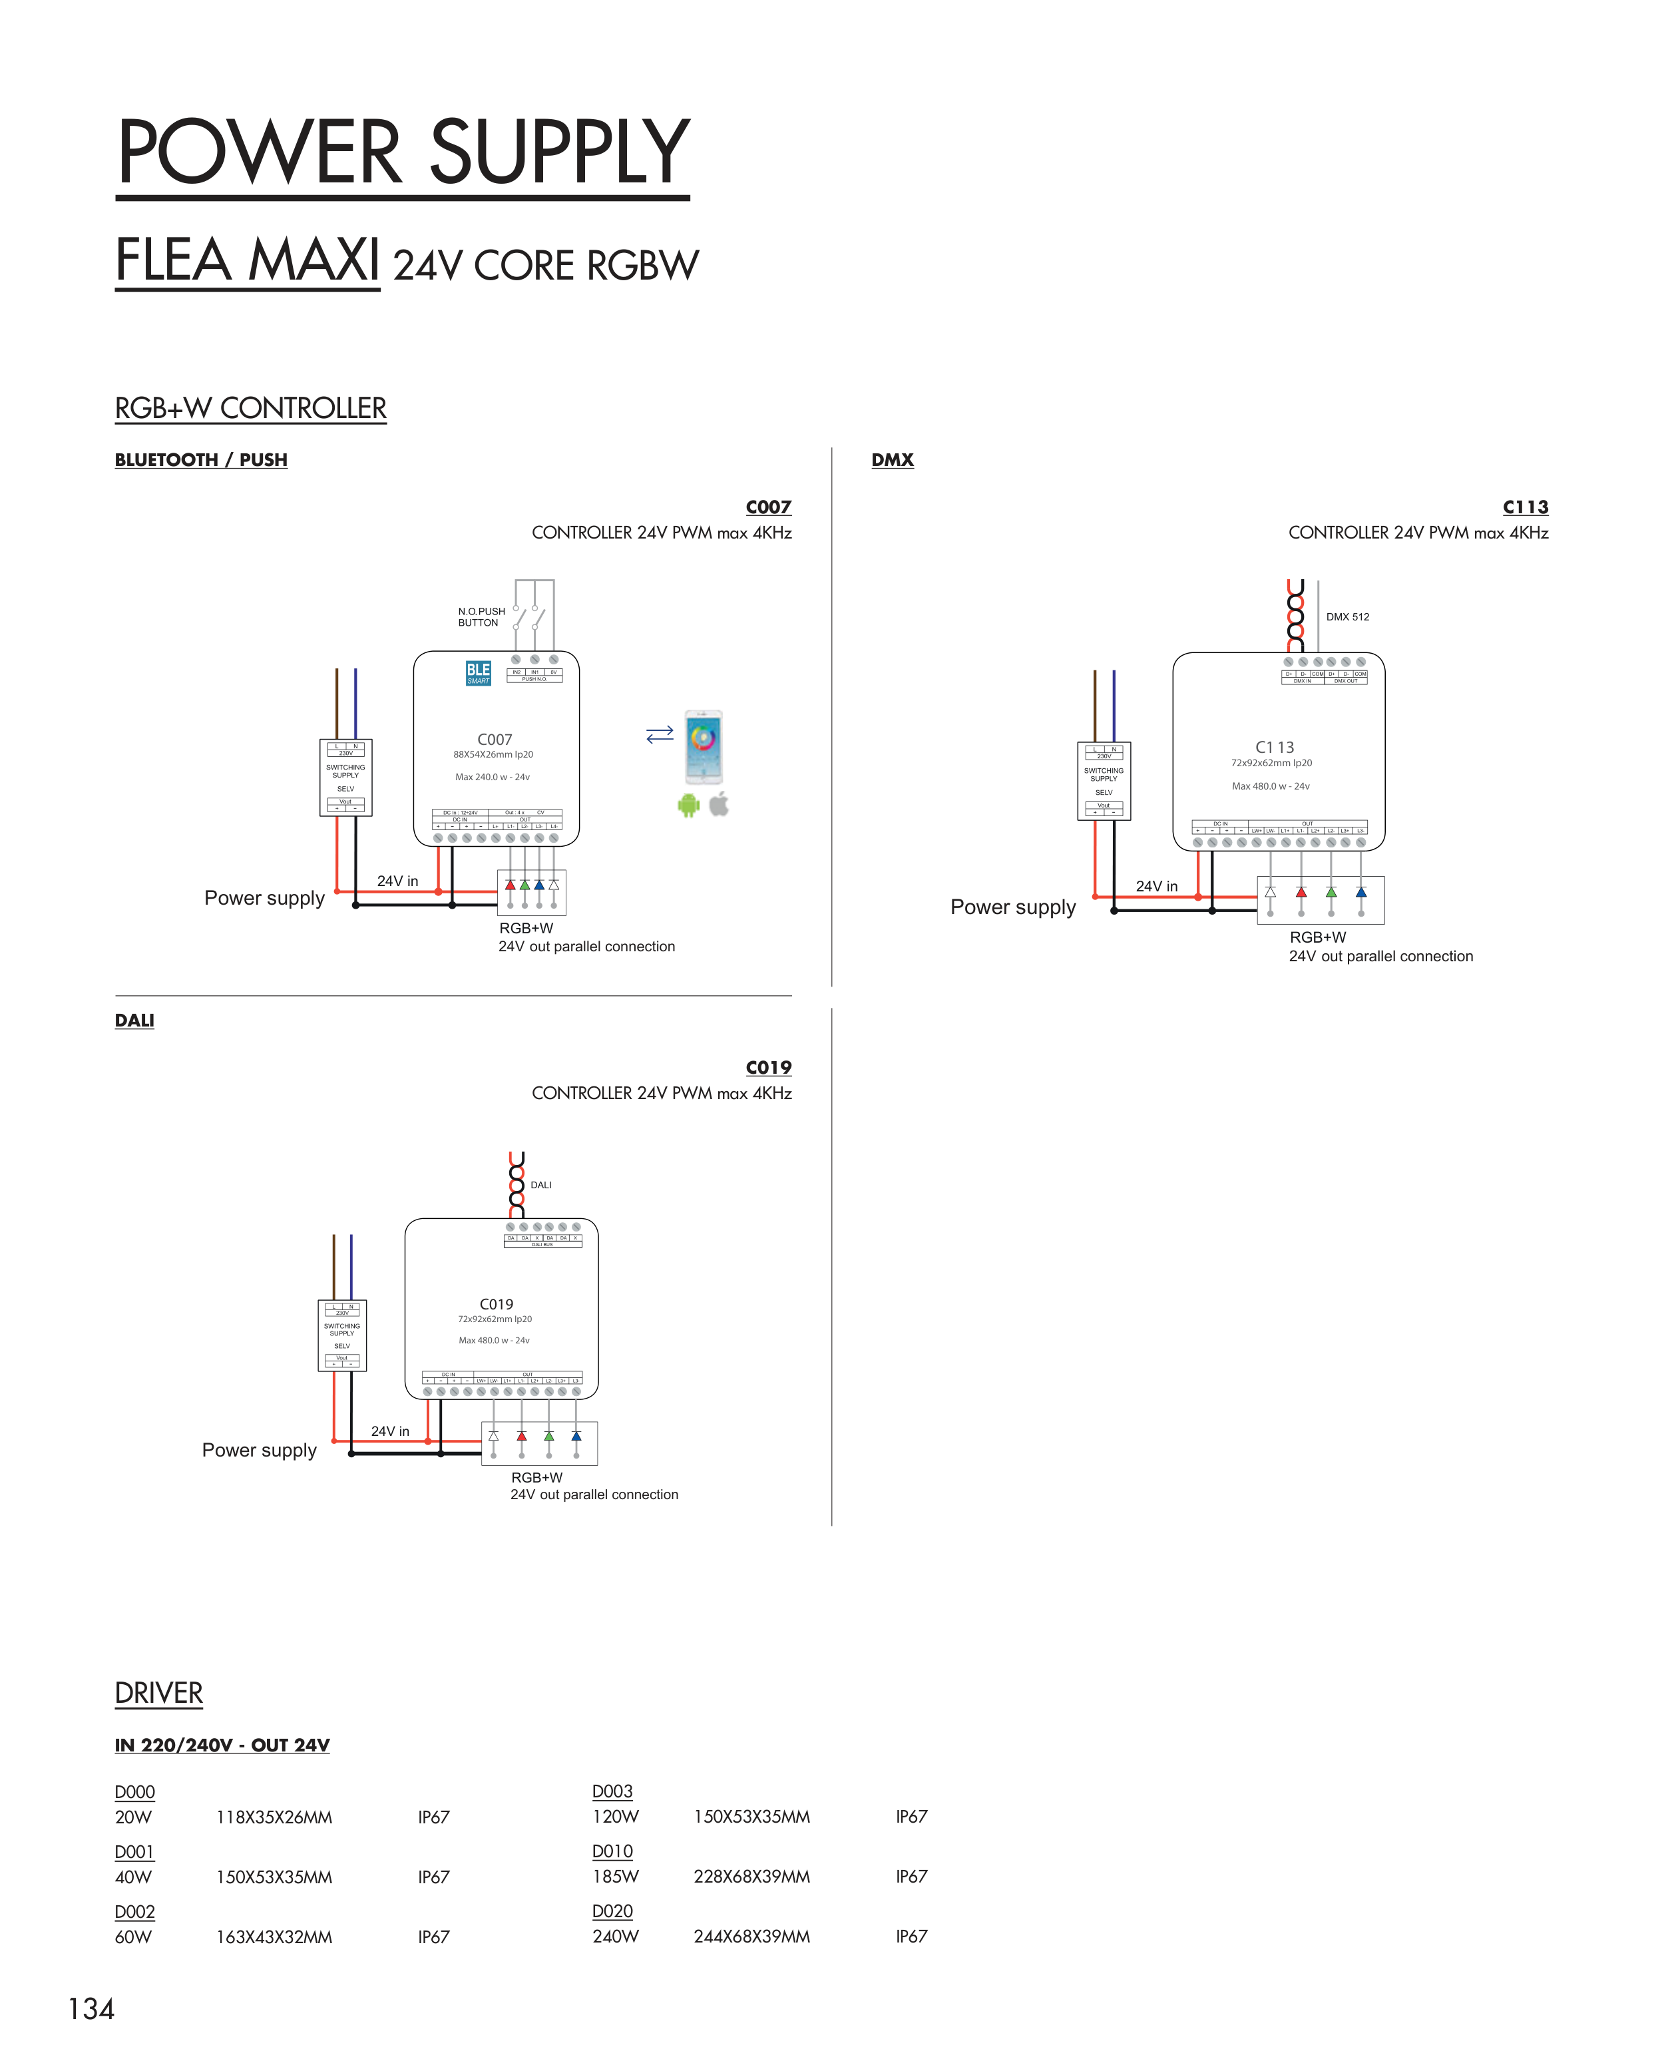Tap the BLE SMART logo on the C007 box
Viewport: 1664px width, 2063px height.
(x=479, y=672)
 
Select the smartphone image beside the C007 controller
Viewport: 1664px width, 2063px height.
(x=704, y=748)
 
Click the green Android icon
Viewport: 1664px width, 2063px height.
(x=688, y=805)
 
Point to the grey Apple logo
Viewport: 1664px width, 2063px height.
(x=719, y=803)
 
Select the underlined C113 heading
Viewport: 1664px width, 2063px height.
(x=1525, y=507)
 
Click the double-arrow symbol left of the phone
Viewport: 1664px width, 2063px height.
(x=660, y=734)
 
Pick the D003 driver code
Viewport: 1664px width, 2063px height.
(x=612, y=1791)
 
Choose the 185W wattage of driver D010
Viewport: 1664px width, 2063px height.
(x=616, y=1876)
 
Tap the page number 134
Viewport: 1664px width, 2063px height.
(x=91, y=2008)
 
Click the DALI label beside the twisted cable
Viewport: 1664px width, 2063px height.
(x=540, y=1185)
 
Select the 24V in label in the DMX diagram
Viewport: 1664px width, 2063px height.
(x=1156, y=886)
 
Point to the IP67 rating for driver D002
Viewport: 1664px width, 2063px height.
(x=433, y=1937)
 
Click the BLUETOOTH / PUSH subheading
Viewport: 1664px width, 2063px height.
(x=201, y=460)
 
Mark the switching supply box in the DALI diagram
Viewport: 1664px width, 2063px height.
(x=342, y=1335)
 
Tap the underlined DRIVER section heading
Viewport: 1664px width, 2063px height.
(x=159, y=1693)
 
